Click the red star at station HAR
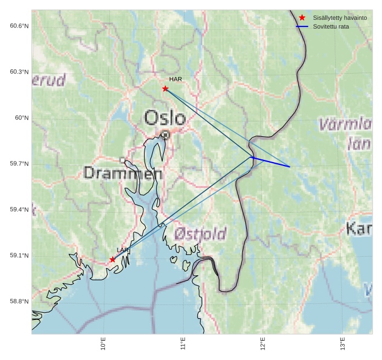pyautogui.click(x=165, y=88)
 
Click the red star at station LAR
pyautogui.click(x=113, y=259)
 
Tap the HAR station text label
pyautogui.click(x=175, y=79)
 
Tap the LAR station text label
pyautogui.click(x=123, y=250)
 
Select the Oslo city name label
pyautogui.click(x=165, y=118)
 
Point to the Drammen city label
pyautogui.click(x=123, y=174)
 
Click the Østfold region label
pyautogui.click(x=200, y=234)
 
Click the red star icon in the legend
pyautogui.click(x=302, y=18)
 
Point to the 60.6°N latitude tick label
pyautogui.click(x=19, y=26)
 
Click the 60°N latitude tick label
pyautogui.click(x=21, y=118)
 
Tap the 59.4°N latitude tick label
pyautogui.click(x=19, y=209)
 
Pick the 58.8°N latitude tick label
pyautogui.click(x=19, y=301)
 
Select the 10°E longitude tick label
pyautogui.click(x=103, y=344)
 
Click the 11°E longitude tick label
pyautogui.click(x=183, y=344)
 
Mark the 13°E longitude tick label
pyautogui.click(x=342, y=344)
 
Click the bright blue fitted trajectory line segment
pyautogui.click(x=270, y=162)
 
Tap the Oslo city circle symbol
pyautogui.click(x=165, y=134)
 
